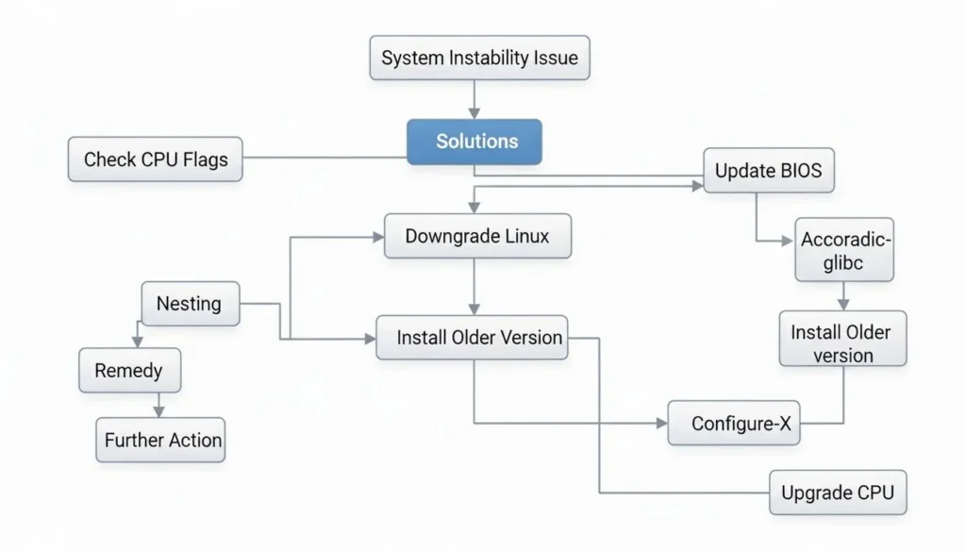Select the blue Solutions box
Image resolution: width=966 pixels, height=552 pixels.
click(x=475, y=142)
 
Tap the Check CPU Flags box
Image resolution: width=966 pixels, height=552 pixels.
click(x=155, y=159)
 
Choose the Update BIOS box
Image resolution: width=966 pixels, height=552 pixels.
click(x=768, y=171)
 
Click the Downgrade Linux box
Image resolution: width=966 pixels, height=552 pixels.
click(x=477, y=236)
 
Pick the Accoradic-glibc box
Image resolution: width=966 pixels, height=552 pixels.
click(x=844, y=250)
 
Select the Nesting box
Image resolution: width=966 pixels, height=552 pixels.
click(x=190, y=304)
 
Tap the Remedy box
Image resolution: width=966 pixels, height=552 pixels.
click(x=129, y=371)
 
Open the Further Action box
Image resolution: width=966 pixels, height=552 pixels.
click(x=161, y=440)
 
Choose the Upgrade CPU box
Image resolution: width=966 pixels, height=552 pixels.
click(x=838, y=492)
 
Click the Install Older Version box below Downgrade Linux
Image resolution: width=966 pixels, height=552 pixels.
click(x=473, y=337)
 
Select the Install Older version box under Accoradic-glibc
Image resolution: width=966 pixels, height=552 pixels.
click(x=843, y=343)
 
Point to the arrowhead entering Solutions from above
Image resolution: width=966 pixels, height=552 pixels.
click(x=475, y=112)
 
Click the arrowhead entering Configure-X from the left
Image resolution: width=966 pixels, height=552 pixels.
click(x=661, y=424)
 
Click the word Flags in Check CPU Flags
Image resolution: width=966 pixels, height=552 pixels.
click(x=207, y=159)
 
